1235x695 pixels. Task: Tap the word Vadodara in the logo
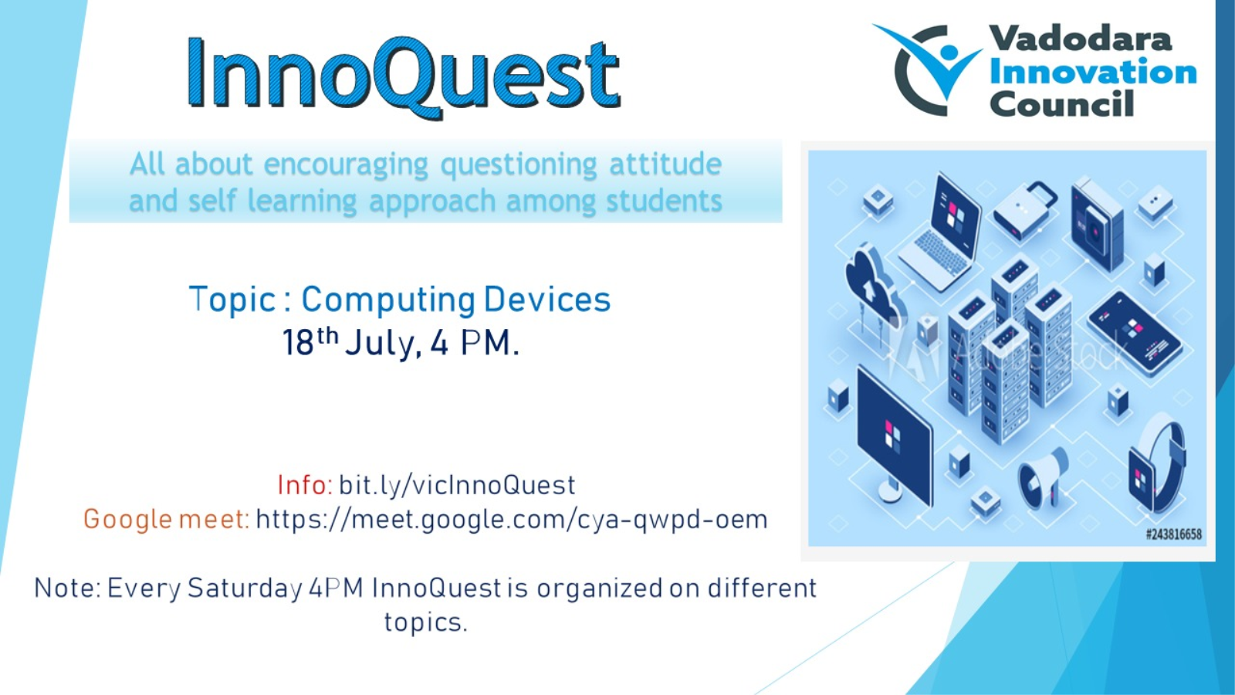pyautogui.click(x=1080, y=39)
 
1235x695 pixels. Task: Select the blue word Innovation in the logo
pyautogui.click(x=1093, y=72)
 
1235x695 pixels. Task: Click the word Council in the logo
pyautogui.click(x=1062, y=103)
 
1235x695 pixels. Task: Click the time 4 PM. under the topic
pyautogui.click(x=475, y=343)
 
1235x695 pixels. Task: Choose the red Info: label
pyautogui.click(x=304, y=486)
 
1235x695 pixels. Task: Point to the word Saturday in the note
pyautogui.click(x=245, y=588)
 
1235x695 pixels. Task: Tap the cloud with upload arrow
pyautogui.click(x=875, y=290)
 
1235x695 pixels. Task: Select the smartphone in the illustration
pyautogui.click(x=1135, y=333)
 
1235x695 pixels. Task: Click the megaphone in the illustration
pyautogui.click(x=1043, y=479)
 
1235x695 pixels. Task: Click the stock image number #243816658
pyautogui.click(x=1174, y=534)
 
